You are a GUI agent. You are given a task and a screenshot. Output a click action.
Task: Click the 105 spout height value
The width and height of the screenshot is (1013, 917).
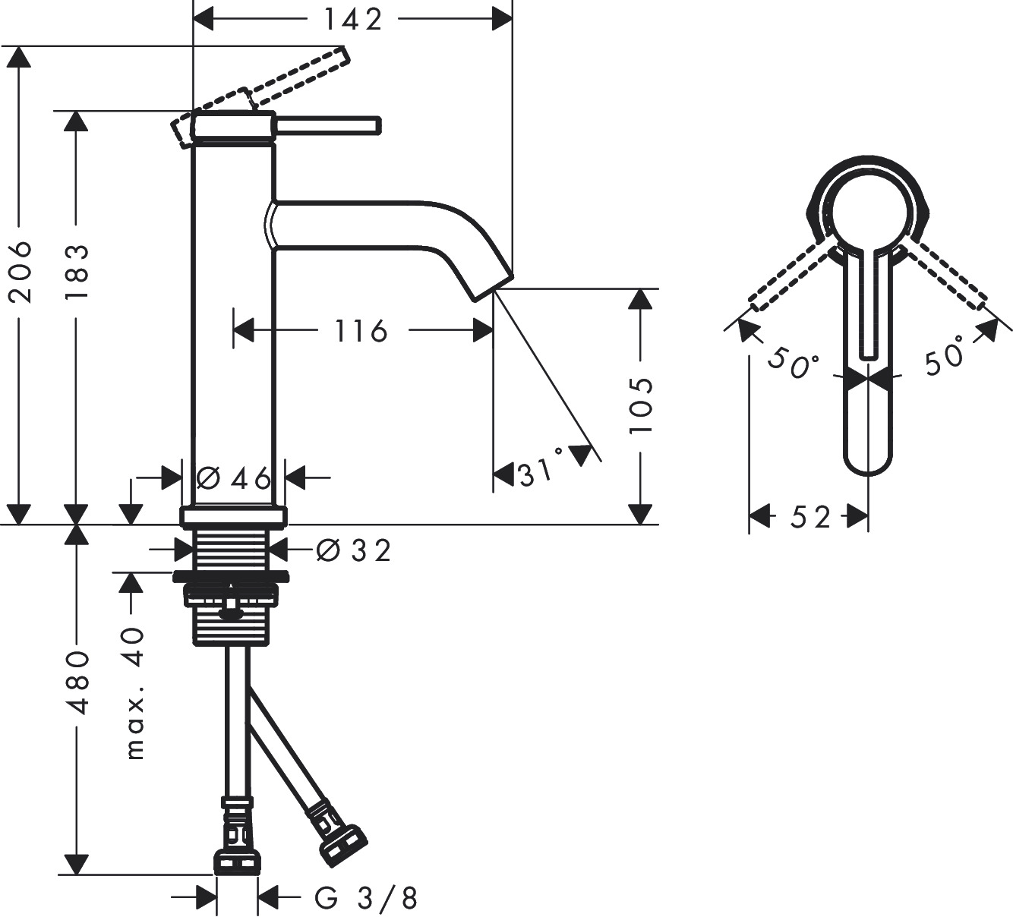click(x=641, y=405)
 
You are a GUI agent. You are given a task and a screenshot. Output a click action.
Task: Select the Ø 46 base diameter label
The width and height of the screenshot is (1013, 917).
click(x=233, y=478)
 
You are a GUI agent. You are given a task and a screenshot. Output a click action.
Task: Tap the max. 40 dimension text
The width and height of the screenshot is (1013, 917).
click(x=134, y=692)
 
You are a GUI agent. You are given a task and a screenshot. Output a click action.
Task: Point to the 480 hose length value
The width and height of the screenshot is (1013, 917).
click(x=76, y=682)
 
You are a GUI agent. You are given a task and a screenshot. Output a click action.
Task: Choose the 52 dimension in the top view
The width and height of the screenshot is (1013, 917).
click(x=810, y=517)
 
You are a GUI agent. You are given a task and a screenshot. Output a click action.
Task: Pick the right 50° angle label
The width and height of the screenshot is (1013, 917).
click(x=944, y=356)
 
